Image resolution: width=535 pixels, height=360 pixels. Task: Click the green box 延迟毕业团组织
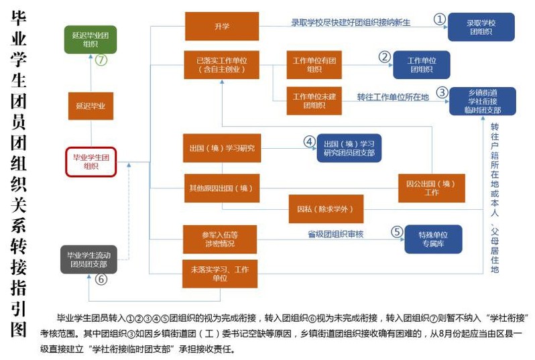tap(91, 39)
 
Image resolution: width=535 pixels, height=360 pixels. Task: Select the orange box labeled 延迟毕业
tap(91, 106)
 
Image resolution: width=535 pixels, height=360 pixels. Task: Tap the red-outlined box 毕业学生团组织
tap(91, 162)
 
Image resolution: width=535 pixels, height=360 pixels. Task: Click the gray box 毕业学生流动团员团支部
tap(88, 259)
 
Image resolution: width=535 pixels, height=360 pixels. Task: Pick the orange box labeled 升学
tap(221, 27)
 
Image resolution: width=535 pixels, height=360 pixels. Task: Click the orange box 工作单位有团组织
tap(314, 64)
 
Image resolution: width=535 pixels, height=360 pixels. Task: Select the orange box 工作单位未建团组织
tap(314, 101)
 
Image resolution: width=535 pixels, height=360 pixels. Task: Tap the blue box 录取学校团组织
tap(481, 27)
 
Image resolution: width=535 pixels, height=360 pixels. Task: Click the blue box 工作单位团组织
tap(421, 64)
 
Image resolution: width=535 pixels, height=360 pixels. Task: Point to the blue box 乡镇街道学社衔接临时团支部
tap(483, 101)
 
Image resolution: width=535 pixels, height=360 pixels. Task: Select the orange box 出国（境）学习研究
tap(221, 147)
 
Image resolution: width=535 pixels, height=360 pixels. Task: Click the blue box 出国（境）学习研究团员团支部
tap(349, 148)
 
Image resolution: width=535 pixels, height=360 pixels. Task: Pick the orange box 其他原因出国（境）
tap(221, 188)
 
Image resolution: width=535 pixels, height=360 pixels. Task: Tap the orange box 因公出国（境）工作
tap(431, 188)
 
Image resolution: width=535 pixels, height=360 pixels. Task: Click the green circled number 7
tap(101, 60)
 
